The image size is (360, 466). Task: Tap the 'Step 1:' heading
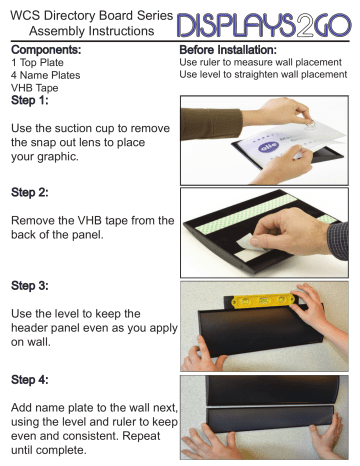tap(33, 102)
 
